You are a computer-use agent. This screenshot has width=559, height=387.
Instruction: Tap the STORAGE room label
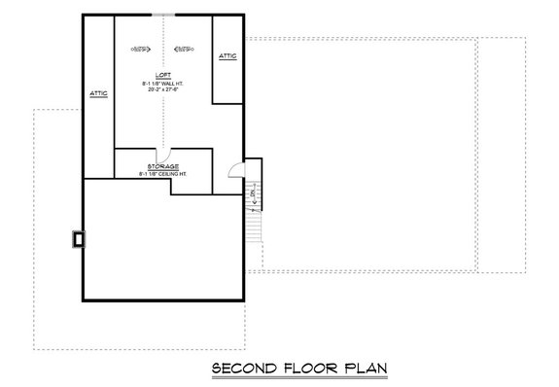163,166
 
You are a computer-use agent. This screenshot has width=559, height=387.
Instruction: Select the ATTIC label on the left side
98,92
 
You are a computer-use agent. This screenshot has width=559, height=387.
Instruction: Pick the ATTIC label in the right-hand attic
227,55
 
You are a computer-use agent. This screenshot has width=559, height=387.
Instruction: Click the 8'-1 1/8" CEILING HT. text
163,173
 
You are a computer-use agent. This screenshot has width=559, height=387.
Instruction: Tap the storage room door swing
166,154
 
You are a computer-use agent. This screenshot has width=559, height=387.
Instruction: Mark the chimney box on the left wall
77,238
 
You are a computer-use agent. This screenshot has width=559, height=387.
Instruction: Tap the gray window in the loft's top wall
162,15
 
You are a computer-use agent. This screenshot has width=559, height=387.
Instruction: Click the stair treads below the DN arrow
254,226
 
